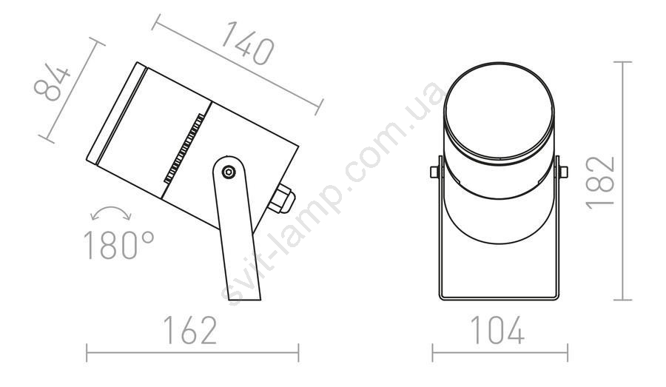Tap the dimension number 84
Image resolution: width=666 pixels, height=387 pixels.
[x=53, y=84]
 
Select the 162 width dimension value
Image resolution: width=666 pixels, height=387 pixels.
[x=190, y=330]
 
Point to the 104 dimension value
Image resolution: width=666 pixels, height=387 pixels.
[x=497, y=330]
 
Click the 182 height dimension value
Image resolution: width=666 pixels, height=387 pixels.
[x=600, y=183]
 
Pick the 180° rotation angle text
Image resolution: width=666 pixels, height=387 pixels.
[x=119, y=245]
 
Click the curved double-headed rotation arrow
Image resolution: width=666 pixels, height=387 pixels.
[x=111, y=212]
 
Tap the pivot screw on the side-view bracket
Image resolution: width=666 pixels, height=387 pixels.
[x=229, y=172]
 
